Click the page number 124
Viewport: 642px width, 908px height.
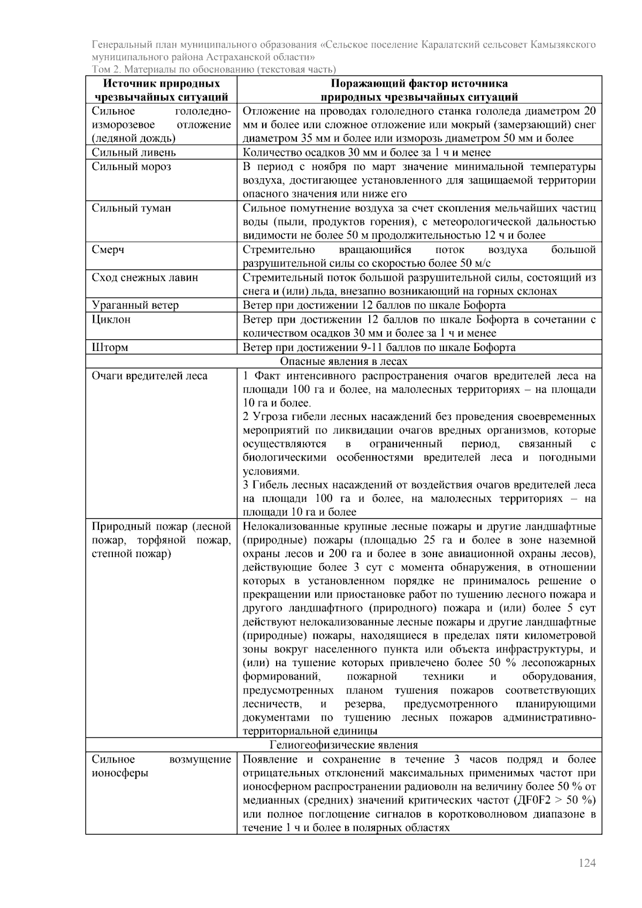587,863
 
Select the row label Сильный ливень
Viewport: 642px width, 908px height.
134,152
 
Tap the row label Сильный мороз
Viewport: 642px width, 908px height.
131,166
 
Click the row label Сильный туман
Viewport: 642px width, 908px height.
131,208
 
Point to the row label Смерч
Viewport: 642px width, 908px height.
108,250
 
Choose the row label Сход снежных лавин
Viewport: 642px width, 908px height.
144,278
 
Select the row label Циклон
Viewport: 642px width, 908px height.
111,319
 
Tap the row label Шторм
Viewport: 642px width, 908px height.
110,347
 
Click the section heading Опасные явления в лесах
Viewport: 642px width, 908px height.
343,362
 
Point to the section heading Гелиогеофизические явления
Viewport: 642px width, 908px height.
343,745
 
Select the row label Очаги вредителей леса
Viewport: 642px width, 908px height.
149,376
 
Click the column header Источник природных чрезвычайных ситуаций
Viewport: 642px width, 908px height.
162,90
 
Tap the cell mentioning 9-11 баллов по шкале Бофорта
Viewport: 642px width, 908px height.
379,347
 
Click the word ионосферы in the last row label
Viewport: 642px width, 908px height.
120,773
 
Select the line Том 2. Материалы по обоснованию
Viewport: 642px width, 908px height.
213,69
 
